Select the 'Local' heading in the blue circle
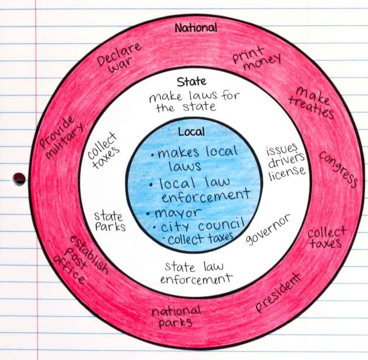[191, 132]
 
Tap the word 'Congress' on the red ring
[338, 168]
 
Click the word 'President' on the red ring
[277, 293]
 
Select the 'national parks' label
[176, 316]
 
